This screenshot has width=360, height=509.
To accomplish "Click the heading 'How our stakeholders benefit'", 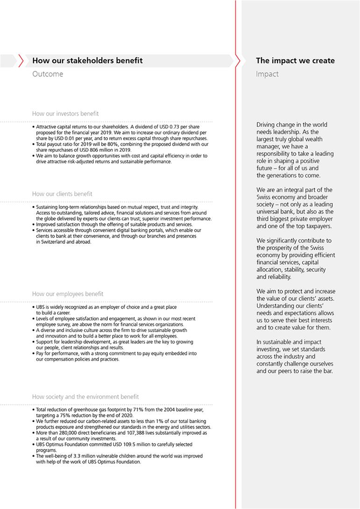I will click(x=87, y=61).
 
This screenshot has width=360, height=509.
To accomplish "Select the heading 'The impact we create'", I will click(x=295, y=61).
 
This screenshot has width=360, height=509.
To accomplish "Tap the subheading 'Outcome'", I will click(x=48, y=74).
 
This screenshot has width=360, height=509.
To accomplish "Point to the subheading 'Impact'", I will click(x=267, y=74).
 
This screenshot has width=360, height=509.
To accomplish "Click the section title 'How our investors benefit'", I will click(x=65, y=113).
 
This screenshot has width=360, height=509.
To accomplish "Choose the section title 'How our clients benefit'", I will click(x=62, y=194).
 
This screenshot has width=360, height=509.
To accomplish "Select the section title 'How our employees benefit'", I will click(x=68, y=294).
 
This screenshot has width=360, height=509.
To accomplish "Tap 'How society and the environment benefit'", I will click(x=86, y=396).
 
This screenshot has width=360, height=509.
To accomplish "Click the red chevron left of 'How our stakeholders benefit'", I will click(x=21, y=61).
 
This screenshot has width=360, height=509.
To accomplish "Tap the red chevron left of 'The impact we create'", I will click(x=238, y=61).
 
